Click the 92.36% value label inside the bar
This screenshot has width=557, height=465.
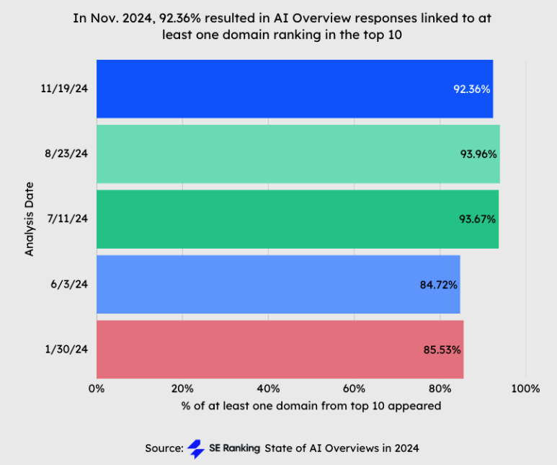[x=472, y=89]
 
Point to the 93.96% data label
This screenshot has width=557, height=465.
[x=478, y=154]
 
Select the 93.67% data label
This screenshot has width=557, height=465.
[x=478, y=218]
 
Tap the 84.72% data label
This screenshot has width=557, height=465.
[x=439, y=284]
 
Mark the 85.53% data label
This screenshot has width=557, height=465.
[x=442, y=350]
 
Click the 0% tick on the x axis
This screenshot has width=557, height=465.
[x=97, y=389]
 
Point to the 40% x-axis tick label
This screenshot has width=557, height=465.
[x=268, y=389]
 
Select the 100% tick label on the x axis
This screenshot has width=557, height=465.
[x=525, y=389]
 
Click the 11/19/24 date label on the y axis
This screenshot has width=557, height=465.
[x=65, y=89]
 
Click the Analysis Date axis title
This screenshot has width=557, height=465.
[x=30, y=219]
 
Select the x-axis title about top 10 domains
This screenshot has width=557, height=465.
[x=311, y=406]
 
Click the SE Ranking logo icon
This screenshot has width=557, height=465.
[x=195, y=448]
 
